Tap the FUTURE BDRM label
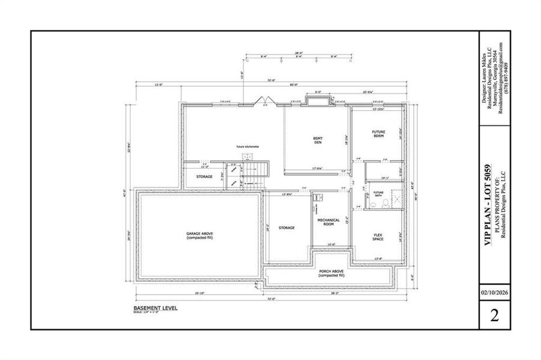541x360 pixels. tap(378, 134)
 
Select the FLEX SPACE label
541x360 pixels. tap(378, 236)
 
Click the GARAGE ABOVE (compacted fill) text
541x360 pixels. tap(200, 235)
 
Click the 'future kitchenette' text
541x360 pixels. tap(247, 146)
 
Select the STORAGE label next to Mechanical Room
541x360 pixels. tap(286, 227)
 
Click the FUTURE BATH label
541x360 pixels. tap(378, 194)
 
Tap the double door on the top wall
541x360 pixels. tap(265, 101)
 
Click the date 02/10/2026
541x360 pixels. tap(494, 293)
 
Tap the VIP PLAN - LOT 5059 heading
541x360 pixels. tap(488, 202)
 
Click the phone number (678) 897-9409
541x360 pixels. tap(508, 87)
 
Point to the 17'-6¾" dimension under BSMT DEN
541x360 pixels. tap(316, 169)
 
